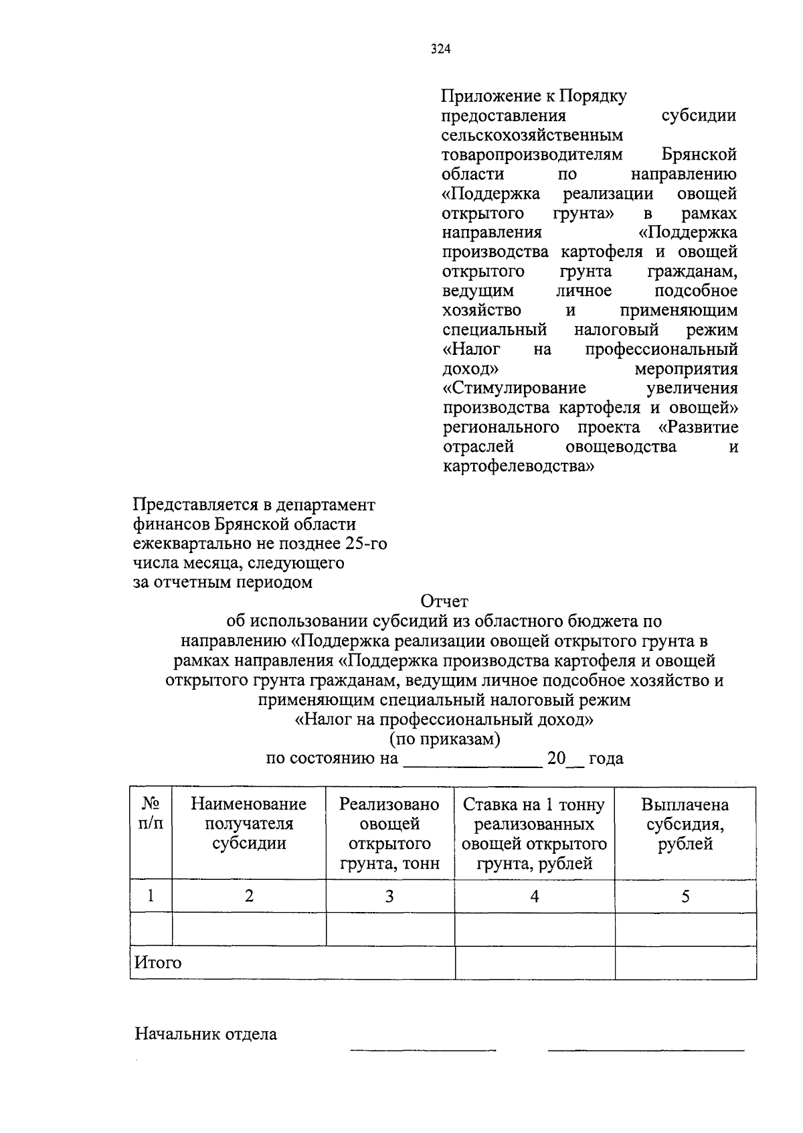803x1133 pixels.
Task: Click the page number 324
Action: tap(441, 49)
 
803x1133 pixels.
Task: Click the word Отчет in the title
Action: tap(444, 601)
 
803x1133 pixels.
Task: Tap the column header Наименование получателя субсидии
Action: tap(249, 824)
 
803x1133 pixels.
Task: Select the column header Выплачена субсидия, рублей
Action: tap(685, 824)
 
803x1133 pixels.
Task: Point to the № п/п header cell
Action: tap(151, 814)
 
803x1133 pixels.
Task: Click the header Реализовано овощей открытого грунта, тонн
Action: tap(389, 833)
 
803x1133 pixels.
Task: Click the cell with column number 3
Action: tap(389, 896)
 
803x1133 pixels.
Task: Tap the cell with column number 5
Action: tap(685, 896)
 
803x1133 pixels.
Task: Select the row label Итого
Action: tap(158, 963)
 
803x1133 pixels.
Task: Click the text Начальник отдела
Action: tap(206, 1034)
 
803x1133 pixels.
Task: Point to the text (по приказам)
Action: tap(445, 739)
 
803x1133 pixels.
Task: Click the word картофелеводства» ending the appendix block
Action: tap(518, 466)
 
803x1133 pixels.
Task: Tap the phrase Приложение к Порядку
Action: tap(534, 96)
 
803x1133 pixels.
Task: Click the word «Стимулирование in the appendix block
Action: tap(514, 388)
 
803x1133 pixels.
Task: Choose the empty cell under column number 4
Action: tap(534, 929)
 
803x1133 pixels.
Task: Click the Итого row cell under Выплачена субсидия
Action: tap(685, 963)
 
